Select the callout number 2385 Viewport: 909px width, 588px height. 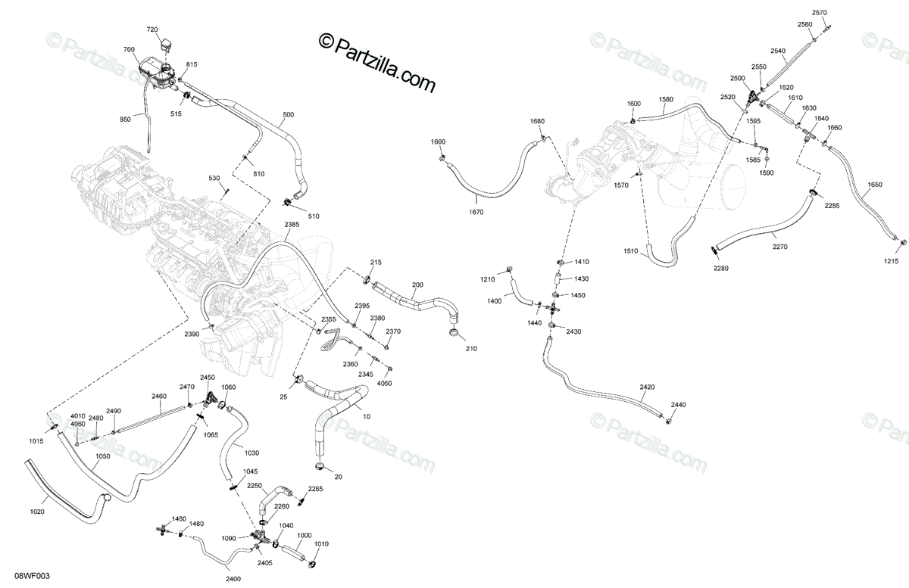292,225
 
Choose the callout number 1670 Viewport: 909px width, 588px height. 476,212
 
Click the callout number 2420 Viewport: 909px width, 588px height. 647,387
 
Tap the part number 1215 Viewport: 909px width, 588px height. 891,262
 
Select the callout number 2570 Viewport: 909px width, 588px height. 820,13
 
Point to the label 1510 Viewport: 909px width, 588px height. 631,251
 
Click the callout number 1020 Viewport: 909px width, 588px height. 37,512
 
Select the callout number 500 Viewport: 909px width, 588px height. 289,115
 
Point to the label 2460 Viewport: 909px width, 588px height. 159,396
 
